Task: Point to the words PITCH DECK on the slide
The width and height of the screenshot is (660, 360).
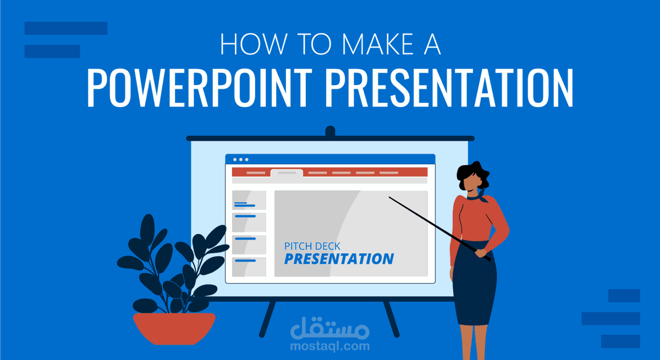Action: pos(312,247)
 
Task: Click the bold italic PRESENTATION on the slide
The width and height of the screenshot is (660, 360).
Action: pos(339,259)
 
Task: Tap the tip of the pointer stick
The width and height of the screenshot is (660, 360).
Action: pos(390,197)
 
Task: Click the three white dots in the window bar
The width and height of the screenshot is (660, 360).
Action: pos(240,159)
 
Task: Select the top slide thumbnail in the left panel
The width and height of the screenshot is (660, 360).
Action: pos(249,200)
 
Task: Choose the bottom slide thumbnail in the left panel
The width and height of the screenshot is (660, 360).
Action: pos(249,267)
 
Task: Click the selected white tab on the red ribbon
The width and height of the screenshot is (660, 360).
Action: pos(287,173)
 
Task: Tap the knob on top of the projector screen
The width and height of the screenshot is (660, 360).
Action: pos(330,131)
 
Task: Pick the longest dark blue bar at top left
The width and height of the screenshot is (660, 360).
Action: pos(66,28)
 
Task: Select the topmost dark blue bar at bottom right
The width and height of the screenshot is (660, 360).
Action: pos(624,296)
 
